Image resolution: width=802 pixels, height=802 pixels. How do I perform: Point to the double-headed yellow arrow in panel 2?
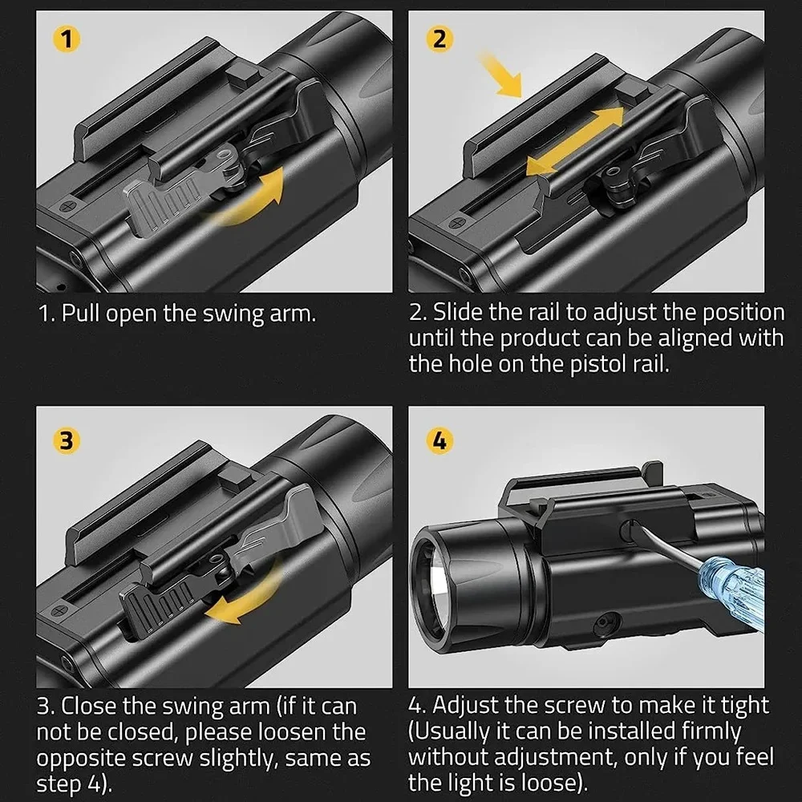coord(574,140)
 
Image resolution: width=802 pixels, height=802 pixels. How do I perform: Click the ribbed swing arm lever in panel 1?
coord(164,204)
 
